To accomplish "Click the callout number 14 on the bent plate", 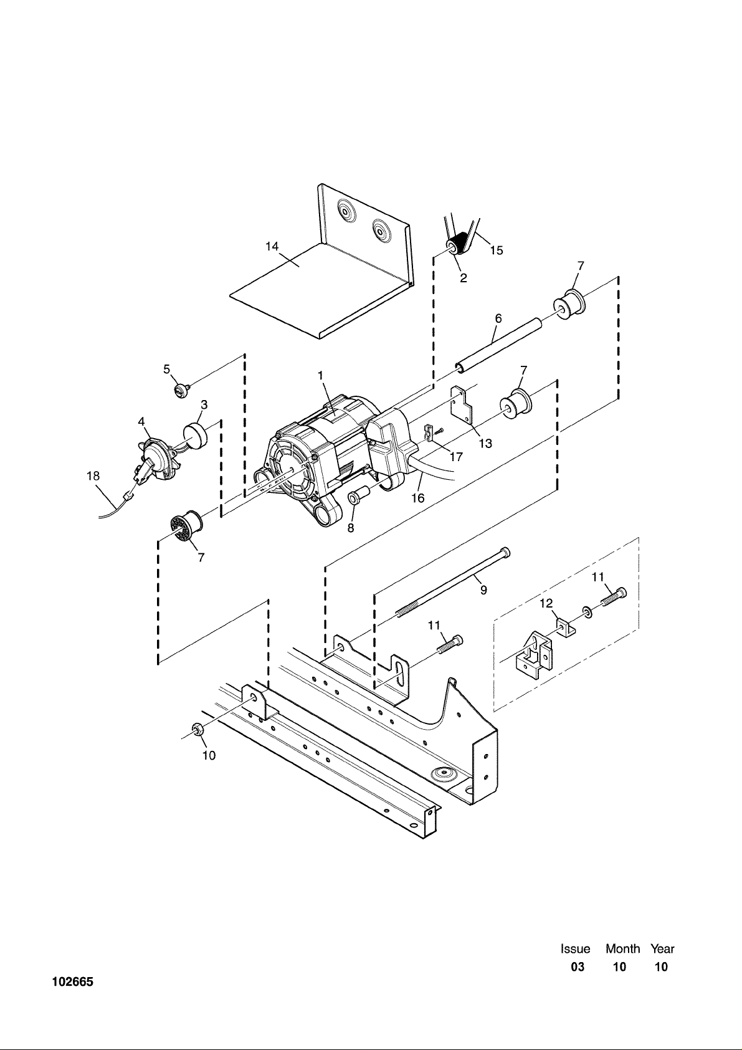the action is pyautogui.click(x=272, y=247).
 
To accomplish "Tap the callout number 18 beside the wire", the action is pyautogui.click(x=93, y=476).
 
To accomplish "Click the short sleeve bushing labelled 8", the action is pyautogui.click(x=358, y=496).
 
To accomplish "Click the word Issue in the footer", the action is pyautogui.click(x=576, y=949).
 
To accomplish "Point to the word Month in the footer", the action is pyautogui.click(x=622, y=949).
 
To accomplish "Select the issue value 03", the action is pyautogui.click(x=578, y=966).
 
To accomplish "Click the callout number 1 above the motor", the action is pyautogui.click(x=321, y=376).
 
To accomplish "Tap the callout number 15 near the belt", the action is pyautogui.click(x=497, y=251).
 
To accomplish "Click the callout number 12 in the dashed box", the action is pyautogui.click(x=546, y=603).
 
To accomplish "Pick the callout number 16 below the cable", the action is pyautogui.click(x=417, y=499).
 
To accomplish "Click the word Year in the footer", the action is pyautogui.click(x=662, y=949).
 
